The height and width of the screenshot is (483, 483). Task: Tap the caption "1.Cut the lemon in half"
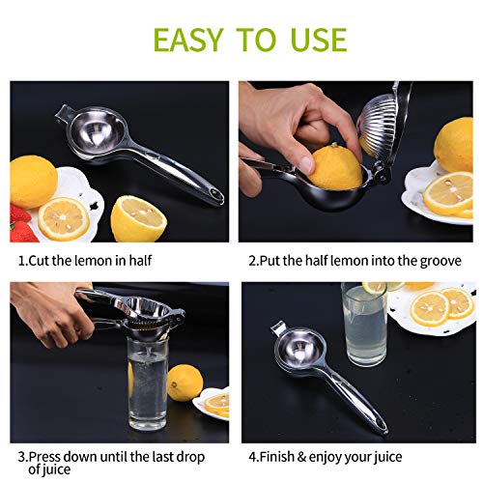coord(85,261)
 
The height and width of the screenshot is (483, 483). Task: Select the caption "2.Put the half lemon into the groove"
coord(355,261)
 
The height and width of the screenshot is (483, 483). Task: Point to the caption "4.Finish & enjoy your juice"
coord(325,457)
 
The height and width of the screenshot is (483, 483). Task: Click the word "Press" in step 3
coord(49,457)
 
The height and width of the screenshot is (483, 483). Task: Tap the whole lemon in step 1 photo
coord(33,181)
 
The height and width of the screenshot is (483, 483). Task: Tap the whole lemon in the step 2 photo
coord(454,145)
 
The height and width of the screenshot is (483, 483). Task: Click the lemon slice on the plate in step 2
coord(448,193)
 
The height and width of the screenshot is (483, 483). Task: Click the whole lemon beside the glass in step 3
coord(185,383)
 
